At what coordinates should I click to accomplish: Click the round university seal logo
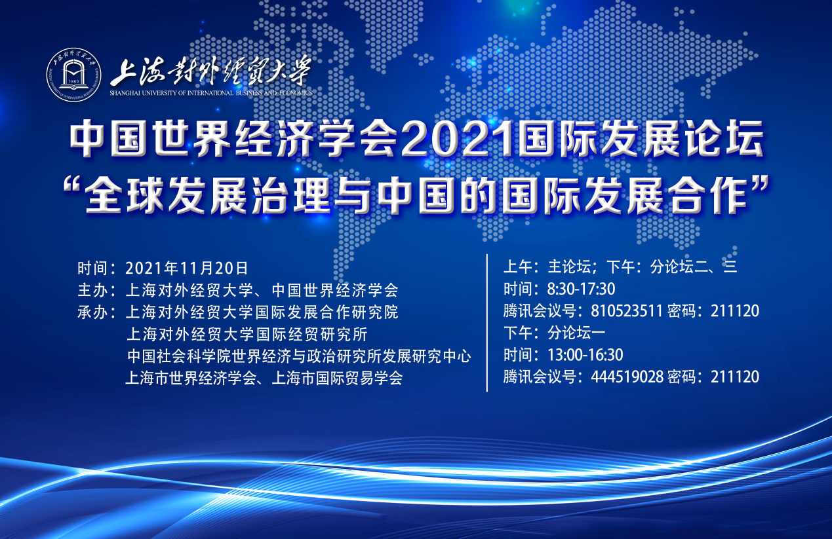coord(73,75)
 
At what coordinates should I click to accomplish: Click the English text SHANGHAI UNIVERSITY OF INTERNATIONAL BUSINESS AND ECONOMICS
coord(211,93)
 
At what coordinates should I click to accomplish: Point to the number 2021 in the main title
coord(459,139)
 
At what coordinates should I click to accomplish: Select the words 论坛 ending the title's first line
coord(724,139)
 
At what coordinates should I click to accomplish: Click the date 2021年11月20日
coord(186,268)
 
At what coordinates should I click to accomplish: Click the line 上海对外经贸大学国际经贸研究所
coord(247,334)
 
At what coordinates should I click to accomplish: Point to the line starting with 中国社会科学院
coord(299,356)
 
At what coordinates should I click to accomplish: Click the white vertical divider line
coord(487,323)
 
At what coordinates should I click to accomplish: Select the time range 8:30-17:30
coord(581,289)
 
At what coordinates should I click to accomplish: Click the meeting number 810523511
coord(627,310)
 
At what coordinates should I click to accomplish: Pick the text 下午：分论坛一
coord(554,333)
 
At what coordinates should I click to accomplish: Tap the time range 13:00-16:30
coord(585,354)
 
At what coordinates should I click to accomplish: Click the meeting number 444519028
coord(627,377)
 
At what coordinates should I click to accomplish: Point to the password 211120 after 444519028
coord(735,377)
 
